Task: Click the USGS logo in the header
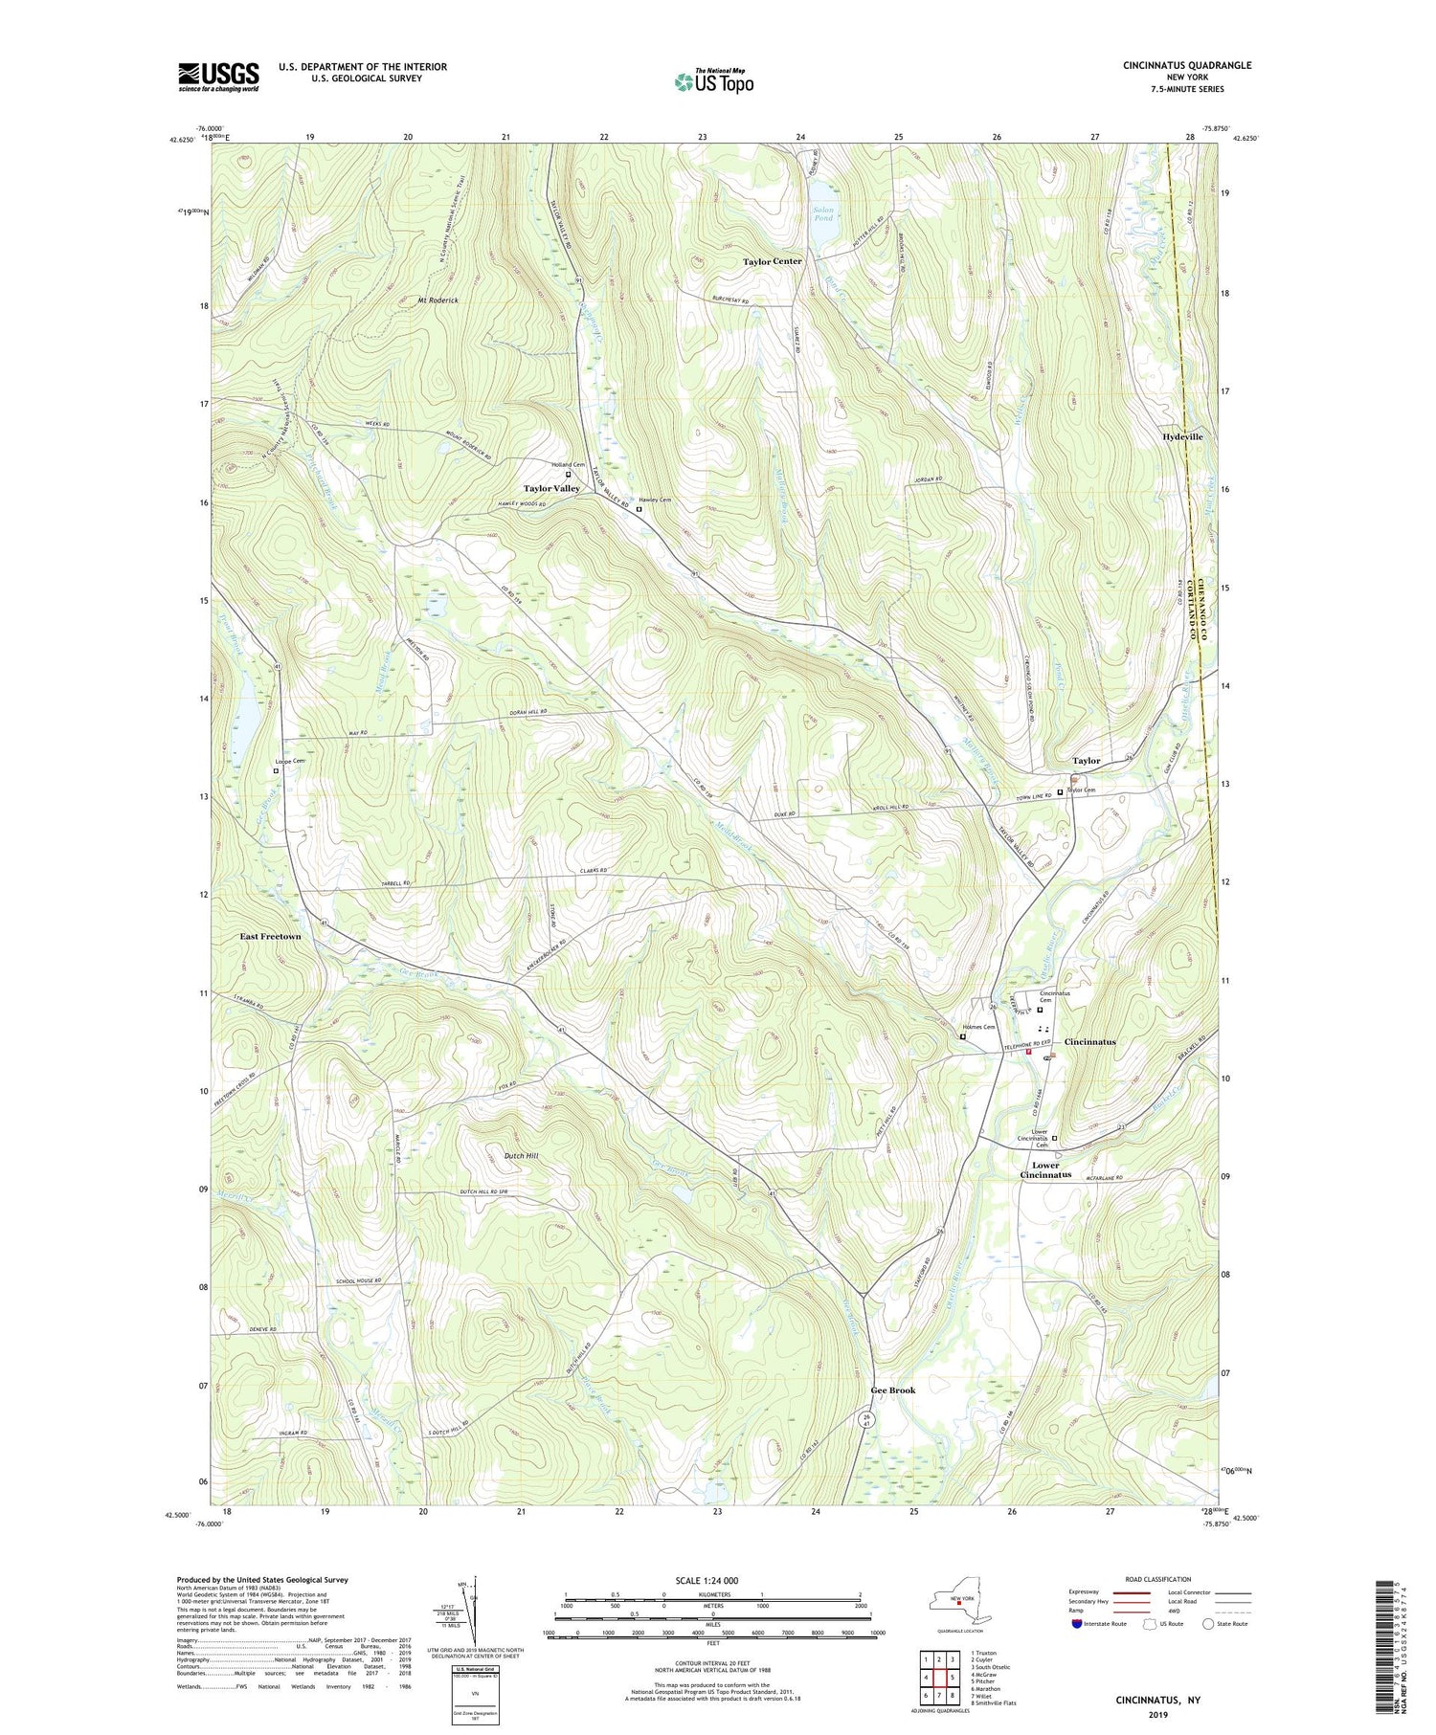218,77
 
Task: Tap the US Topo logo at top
714,81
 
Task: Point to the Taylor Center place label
774,261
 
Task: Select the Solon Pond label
823,213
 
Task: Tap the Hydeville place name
1182,436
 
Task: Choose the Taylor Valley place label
551,489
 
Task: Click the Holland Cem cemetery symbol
568,474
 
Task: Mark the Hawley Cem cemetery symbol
639,510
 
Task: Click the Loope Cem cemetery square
277,770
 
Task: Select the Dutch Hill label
521,1156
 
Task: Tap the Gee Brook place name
892,1390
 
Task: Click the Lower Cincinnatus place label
1045,1170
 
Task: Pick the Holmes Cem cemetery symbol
963,1035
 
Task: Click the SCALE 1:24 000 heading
713,1581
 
